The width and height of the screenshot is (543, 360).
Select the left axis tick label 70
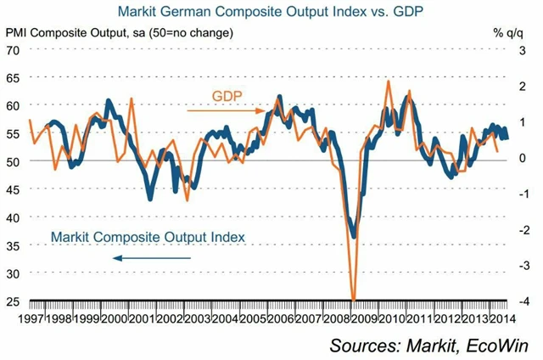13,50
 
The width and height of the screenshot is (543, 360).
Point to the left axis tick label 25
13,301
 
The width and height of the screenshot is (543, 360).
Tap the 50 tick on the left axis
13,161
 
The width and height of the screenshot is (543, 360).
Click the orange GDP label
227,93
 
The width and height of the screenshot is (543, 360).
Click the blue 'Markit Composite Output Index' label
148,235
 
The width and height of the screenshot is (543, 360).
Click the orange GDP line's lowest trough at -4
353,299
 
